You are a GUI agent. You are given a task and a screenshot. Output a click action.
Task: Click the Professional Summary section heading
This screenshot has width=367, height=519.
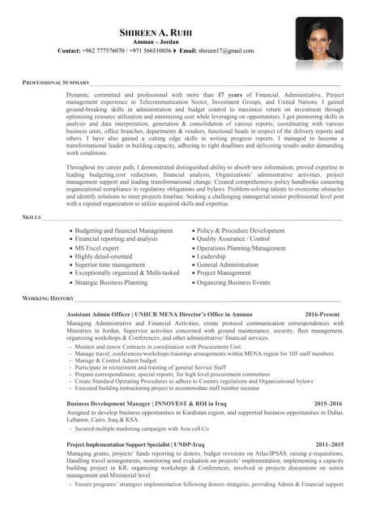[55, 84]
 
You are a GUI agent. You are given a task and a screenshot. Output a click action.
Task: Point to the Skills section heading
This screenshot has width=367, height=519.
[32, 218]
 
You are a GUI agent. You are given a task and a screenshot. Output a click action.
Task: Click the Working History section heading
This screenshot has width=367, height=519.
[48, 299]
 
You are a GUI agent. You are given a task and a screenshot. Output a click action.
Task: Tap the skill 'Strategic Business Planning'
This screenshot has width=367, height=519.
[111, 283]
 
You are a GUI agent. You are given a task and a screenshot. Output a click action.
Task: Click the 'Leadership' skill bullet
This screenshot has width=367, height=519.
[211, 256]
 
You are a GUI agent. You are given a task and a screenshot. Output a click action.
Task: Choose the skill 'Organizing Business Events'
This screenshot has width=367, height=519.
[233, 283]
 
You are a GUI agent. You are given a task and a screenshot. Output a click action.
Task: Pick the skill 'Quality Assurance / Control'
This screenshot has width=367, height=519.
[233, 239]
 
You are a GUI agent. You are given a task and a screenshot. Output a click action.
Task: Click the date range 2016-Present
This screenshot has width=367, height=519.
[322, 313]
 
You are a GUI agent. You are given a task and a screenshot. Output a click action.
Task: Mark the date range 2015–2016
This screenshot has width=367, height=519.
[328, 402]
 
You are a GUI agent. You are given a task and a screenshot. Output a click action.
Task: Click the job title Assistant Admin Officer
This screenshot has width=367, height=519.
[98, 313]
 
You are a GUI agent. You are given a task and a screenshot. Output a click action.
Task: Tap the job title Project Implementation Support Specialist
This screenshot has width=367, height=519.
[118, 444]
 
